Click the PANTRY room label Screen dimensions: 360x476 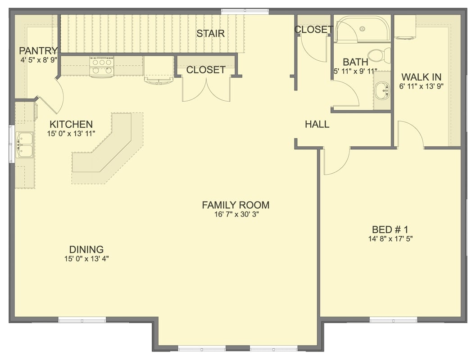[x=38, y=50]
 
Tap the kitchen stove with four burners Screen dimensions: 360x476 [x=102, y=67]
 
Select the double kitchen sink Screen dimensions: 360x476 [x=25, y=144]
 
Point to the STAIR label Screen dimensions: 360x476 [x=210, y=34]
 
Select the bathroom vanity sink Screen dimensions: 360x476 [x=382, y=90]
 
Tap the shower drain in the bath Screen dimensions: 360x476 [x=362, y=28]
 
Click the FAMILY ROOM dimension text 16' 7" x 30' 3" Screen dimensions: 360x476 [x=236, y=215]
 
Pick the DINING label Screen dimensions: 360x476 [x=86, y=249]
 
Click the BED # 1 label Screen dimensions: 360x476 [x=390, y=229]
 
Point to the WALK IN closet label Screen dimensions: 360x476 [x=421, y=77]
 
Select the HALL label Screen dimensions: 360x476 [x=317, y=125]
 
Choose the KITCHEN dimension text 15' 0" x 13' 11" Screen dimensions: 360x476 [x=71, y=134]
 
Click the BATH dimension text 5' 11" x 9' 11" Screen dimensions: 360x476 [x=355, y=71]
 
